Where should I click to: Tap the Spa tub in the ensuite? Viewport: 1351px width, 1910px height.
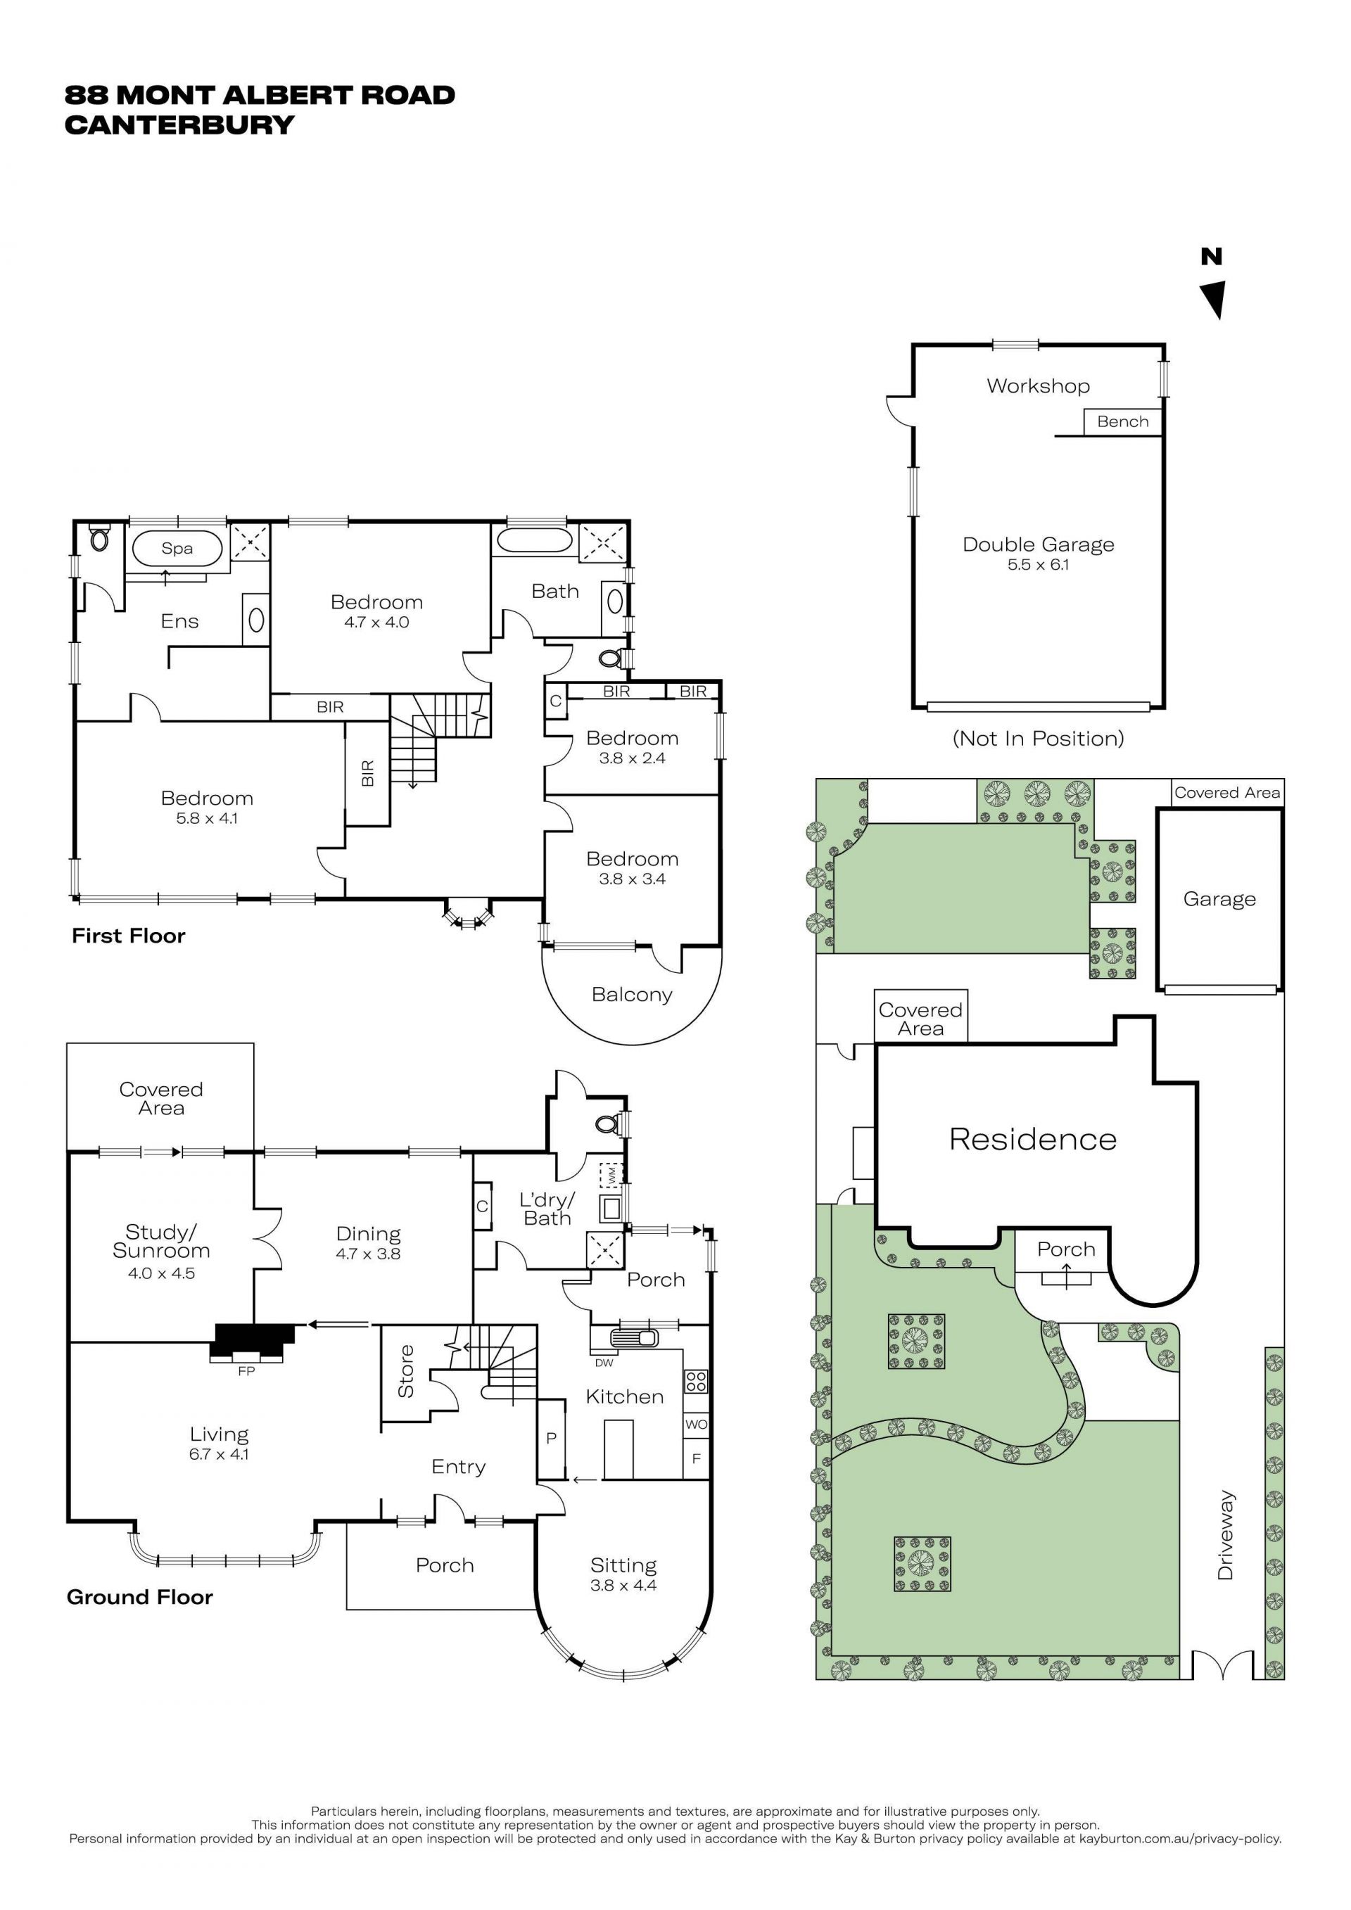point(177,548)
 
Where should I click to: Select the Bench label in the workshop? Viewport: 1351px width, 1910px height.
point(1122,422)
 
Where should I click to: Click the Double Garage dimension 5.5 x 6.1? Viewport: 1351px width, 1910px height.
point(1038,564)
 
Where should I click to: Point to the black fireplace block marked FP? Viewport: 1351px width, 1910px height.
point(254,1340)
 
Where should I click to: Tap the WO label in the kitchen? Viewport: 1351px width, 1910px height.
point(697,1424)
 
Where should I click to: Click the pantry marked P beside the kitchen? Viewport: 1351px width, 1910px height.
point(551,1439)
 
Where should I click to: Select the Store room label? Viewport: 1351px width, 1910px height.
point(406,1371)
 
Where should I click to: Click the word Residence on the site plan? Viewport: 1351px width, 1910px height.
point(1032,1139)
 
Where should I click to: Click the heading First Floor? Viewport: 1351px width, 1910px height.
point(128,936)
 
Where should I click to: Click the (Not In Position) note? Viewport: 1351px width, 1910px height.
point(1038,739)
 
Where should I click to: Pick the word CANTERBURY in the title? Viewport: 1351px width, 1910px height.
point(179,125)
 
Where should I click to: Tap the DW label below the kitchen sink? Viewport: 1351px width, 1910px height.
point(604,1363)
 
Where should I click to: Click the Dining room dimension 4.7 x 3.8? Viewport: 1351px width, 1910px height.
point(369,1254)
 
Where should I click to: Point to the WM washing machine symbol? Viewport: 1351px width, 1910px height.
point(611,1176)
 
